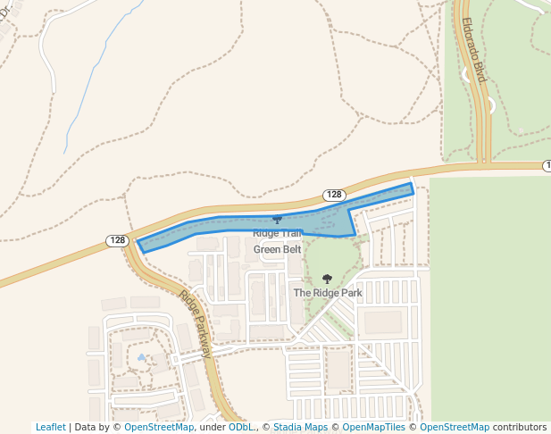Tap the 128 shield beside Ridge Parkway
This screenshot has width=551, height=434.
(118, 240)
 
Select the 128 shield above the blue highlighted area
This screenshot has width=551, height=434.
(334, 195)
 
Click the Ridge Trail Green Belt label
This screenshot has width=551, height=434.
(277, 241)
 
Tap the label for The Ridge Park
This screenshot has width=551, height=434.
(327, 292)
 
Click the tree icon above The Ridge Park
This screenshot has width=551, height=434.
(327, 279)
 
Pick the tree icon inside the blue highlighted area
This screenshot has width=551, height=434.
(277, 219)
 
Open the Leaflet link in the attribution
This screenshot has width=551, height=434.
(50, 427)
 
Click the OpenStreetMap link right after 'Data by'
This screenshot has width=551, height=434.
(159, 427)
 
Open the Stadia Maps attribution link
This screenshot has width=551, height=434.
(300, 427)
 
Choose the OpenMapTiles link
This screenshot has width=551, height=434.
(374, 427)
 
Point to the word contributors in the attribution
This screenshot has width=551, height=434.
(520, 427)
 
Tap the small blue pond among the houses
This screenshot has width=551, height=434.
(141, 358)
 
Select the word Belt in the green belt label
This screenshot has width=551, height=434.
(289, 249)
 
